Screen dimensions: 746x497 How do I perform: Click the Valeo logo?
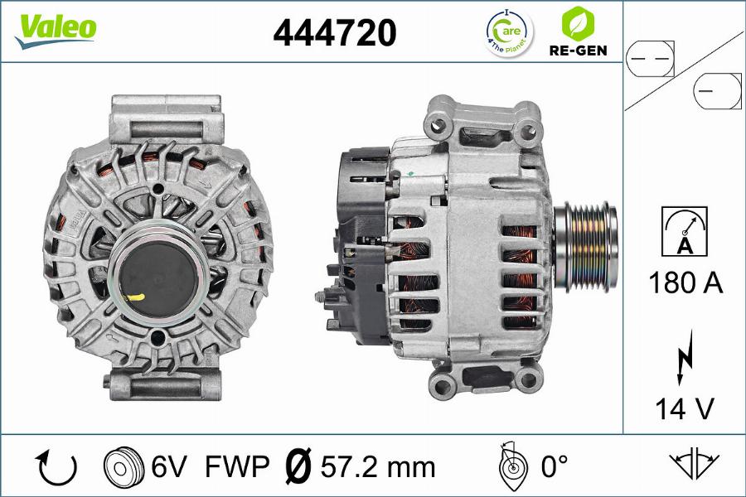pos(56,31)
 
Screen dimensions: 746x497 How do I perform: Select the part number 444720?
pos(335,32)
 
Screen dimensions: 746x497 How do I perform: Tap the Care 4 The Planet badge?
pos(510,32)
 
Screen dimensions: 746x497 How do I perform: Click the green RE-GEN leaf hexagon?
pos(578,22)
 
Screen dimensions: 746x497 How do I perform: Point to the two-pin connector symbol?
pos(650,59)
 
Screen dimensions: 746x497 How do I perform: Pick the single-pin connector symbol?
pos(717,90)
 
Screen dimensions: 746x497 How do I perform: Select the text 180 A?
pos(685,282)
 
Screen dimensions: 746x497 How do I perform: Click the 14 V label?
pos(685,408)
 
